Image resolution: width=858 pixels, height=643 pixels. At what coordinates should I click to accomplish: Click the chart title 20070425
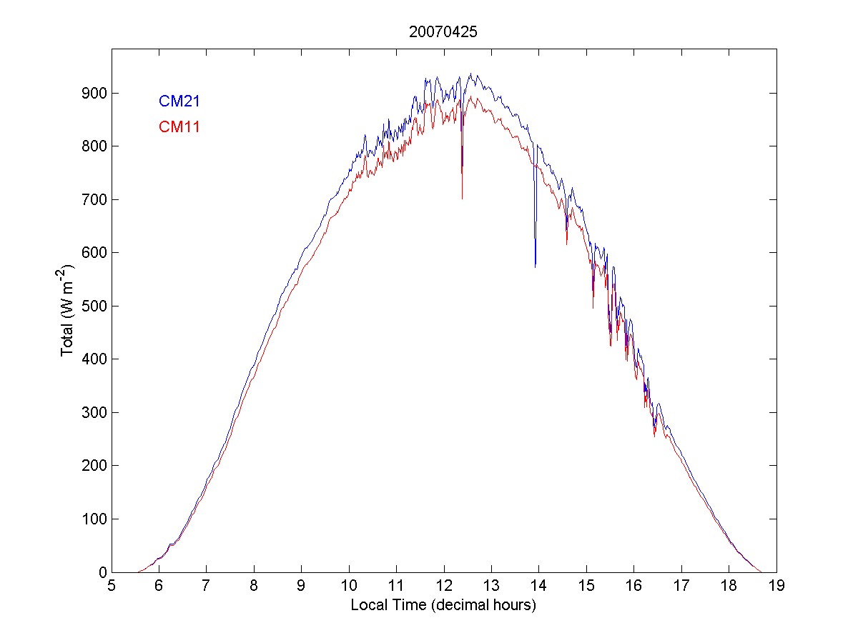tap(443, 32)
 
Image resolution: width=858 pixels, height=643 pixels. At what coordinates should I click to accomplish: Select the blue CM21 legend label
tap(179, 101)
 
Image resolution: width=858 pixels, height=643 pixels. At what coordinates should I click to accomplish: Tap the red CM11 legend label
tap(179, 127)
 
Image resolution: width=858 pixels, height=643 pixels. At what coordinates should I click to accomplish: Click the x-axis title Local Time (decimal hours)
tap(443, 605)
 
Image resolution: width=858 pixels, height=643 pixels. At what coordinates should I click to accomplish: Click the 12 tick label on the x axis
tap(443, 587)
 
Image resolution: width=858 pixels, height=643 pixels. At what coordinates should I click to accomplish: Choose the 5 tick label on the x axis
tap(112, 587)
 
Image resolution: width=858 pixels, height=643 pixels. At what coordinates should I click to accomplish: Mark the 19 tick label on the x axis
tap(776, 587)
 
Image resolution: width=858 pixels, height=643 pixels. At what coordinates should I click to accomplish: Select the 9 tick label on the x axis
tap(301, 587)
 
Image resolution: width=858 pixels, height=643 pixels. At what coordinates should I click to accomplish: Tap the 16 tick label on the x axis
tap(633, 587)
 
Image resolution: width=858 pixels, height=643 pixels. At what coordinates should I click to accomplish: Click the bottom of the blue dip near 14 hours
tap(535, 266)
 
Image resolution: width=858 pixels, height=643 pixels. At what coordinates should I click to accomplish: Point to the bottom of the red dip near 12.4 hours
tap(462, 198)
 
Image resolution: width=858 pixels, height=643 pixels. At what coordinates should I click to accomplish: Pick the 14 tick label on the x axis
tap(538, 587)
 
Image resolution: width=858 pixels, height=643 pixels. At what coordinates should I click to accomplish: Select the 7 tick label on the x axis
tap(206, 587)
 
